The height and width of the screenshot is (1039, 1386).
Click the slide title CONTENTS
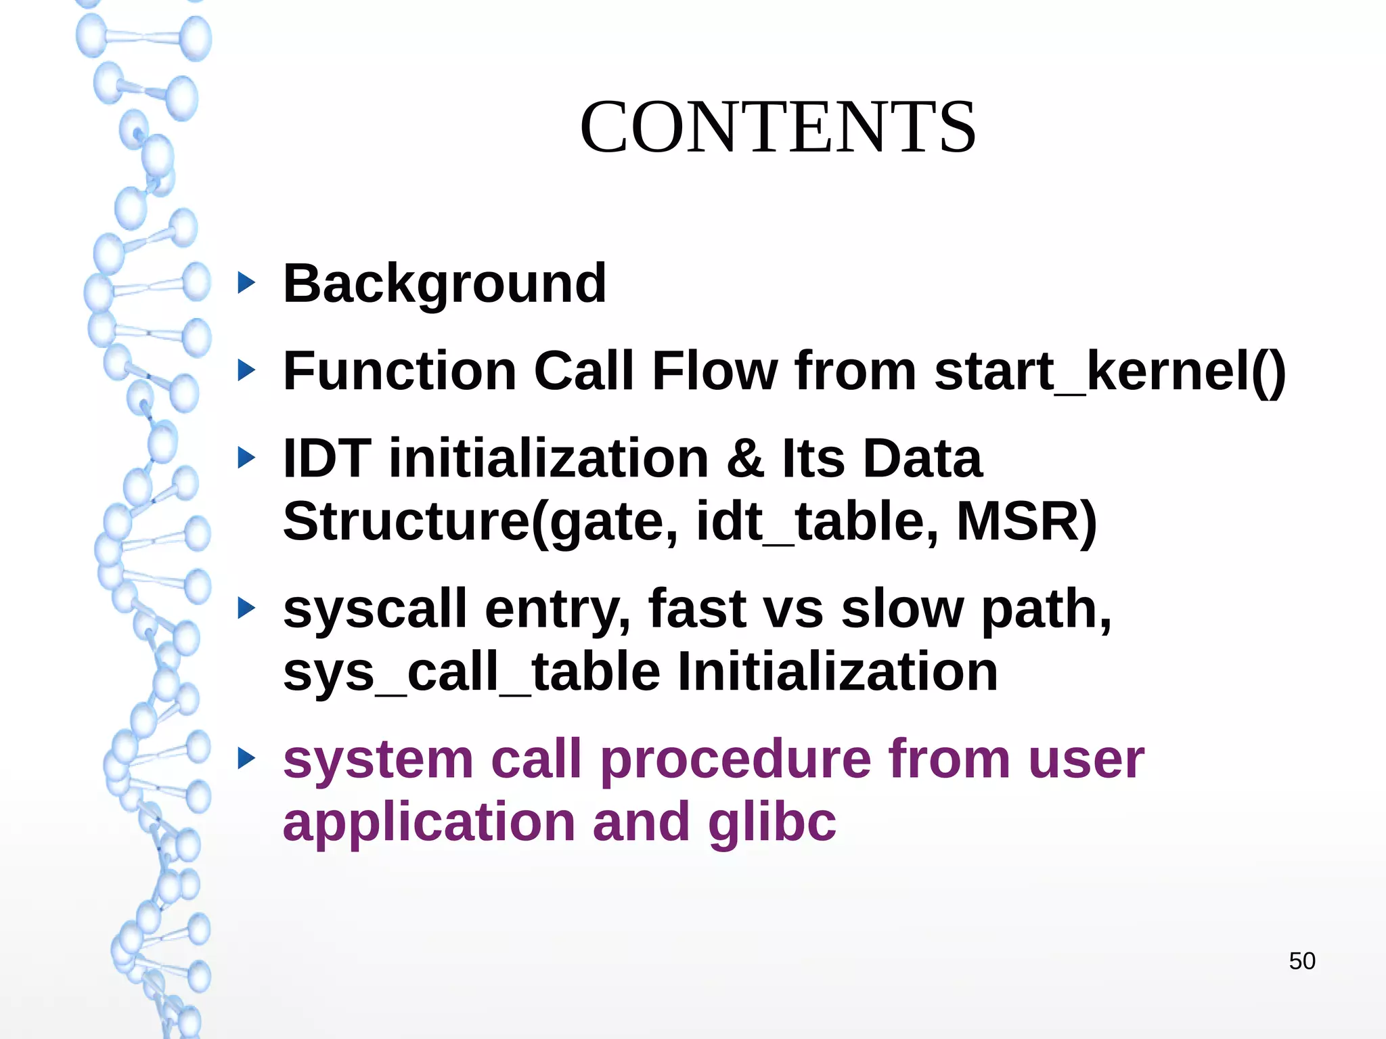click(x=778, y=127)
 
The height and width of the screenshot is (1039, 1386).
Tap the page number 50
click(x=1301, y=961)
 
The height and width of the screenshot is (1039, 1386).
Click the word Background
click(x=445, y=284)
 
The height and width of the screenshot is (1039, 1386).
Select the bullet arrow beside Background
click(x=247, y=283)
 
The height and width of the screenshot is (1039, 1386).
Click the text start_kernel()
click(x=1110, y=372)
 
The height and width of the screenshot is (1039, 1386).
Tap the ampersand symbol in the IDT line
click(x=745, y=459)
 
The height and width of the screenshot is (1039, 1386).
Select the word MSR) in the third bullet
click(x=1026, y=522)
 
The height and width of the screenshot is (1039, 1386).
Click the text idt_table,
click(x=817, y=522)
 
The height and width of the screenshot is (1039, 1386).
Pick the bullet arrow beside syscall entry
click(x=247, y=609)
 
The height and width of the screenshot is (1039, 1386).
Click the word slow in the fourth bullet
click(x=901, y=609)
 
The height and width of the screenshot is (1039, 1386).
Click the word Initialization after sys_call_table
click(x=838, y=672)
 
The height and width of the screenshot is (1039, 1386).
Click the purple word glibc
click(x=772, y=822)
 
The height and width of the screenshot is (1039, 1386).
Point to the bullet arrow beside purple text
click(x=247, y=759)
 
